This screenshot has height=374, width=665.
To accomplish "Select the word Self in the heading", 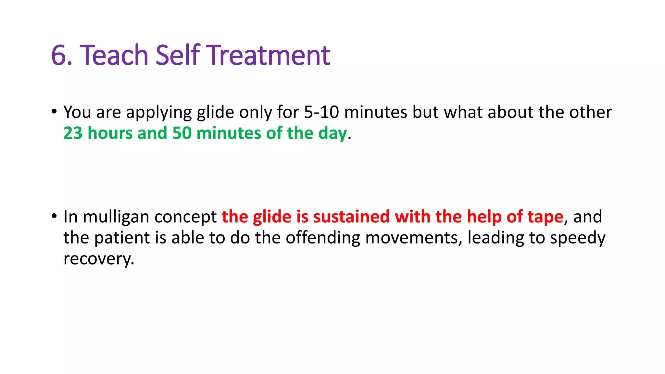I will [178, 55].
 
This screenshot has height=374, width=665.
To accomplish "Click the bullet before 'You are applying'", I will [54, 111].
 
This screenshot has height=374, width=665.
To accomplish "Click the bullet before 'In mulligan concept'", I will [54, 216].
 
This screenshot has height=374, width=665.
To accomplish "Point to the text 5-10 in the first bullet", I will [321, 112].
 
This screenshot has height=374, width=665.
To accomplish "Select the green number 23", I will [73, 133].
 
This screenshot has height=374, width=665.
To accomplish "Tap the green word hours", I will [110, 133].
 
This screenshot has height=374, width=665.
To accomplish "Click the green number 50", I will [182, 133].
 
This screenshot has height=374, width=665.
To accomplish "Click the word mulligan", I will [116, 217].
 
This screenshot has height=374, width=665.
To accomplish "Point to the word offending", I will [323, 238].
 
